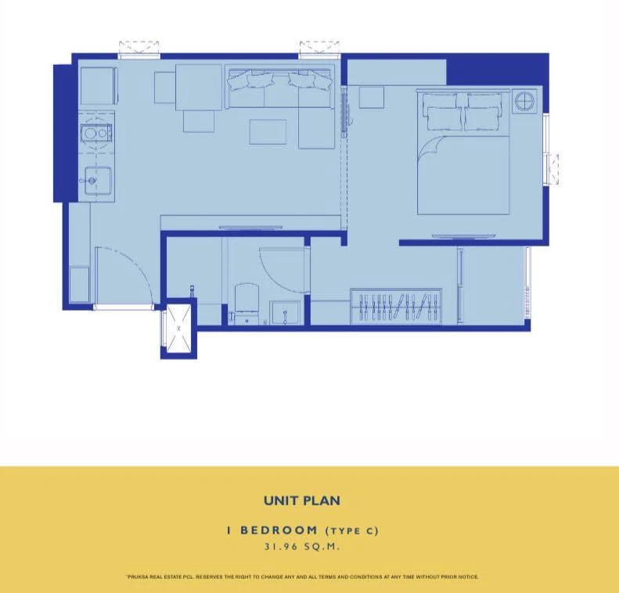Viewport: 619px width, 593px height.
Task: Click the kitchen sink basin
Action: pos(98,181)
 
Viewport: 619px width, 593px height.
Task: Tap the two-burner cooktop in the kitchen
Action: pos(96,133)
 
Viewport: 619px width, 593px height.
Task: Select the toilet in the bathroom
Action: pos(247,304)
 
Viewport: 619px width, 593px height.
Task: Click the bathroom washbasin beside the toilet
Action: pos(286,313)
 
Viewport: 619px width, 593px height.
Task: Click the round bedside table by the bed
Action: pos(525,102)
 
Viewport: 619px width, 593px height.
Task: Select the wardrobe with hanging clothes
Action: pos(396,307)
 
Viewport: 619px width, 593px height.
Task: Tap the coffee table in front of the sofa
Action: pos(268,132)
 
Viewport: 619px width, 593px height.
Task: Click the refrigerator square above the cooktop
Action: pos(99,86)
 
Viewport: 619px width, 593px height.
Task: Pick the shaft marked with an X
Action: pos(179,329)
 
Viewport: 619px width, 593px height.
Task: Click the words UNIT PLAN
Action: pos(302,501)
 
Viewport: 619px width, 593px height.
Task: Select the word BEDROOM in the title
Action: pos(279,530)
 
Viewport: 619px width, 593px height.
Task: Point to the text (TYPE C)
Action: pos(352,531)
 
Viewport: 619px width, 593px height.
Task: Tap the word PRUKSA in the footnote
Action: pos(139,577)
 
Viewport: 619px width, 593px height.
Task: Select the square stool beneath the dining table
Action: pos(199,120)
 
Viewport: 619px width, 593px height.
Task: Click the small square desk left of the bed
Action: pos(372,98)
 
